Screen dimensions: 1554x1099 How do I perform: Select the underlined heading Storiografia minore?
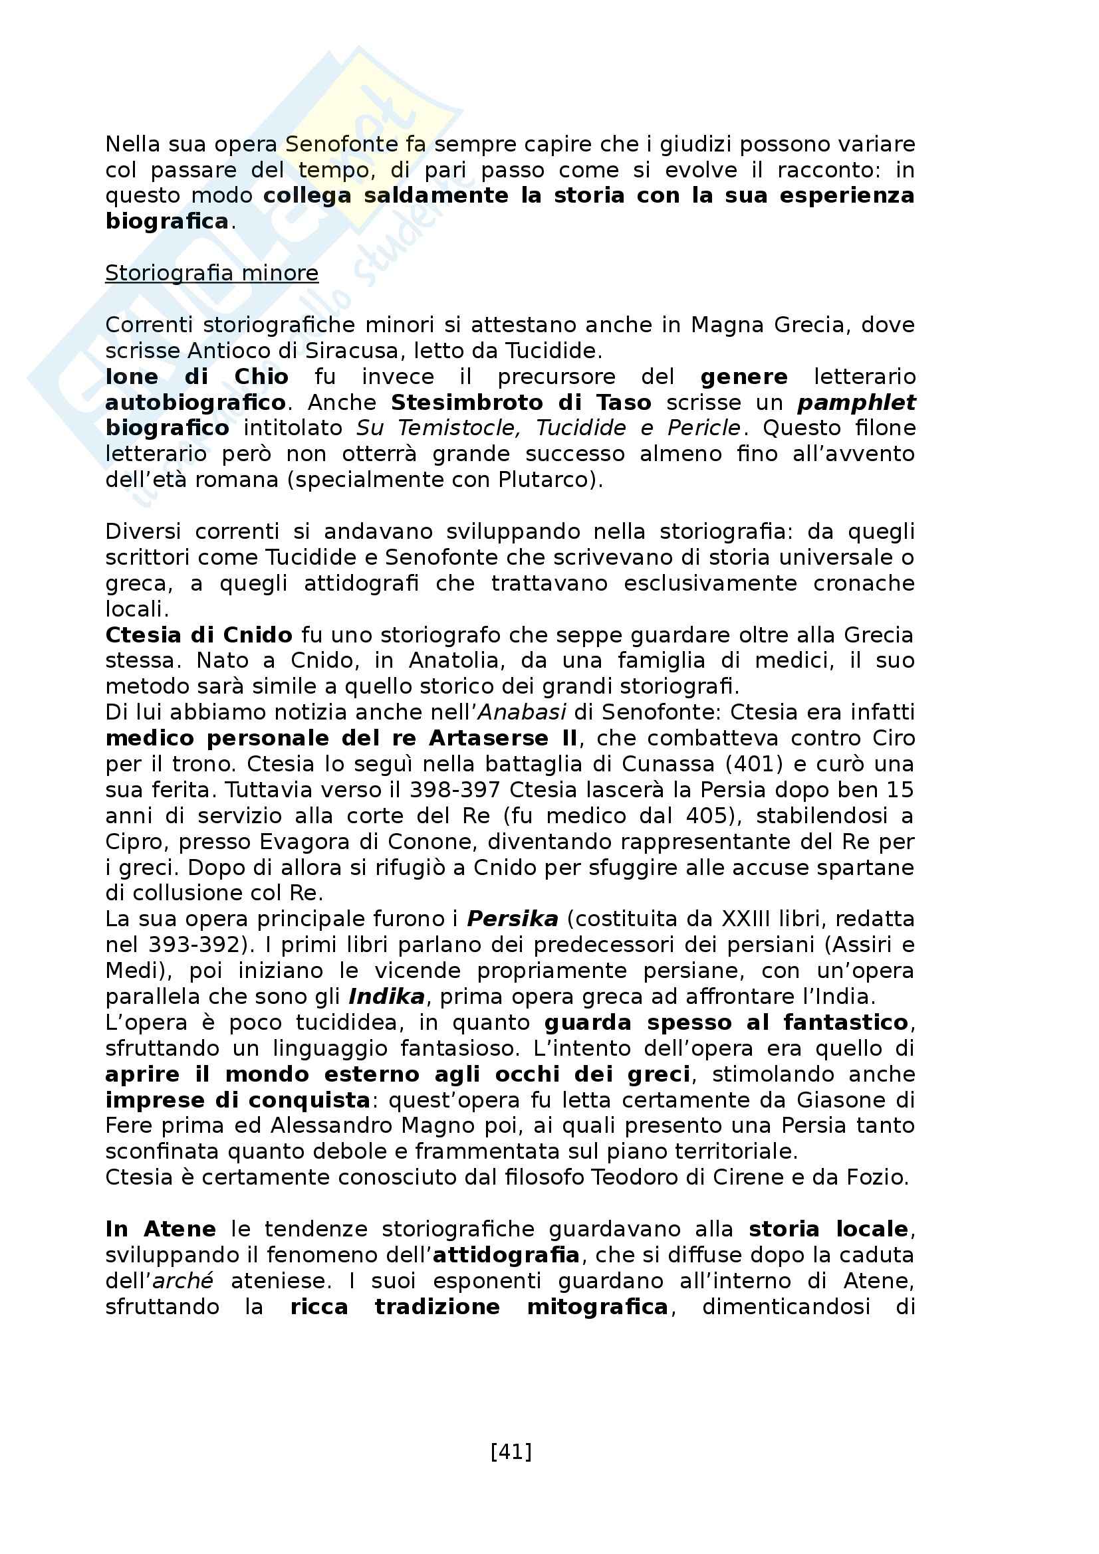[x=211, y=273]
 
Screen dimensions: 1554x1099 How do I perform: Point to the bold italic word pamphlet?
[x=856, y=403]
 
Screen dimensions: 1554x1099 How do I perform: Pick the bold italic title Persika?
[x=513, y=919]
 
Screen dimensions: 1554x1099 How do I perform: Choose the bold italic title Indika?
[x=387, y=997]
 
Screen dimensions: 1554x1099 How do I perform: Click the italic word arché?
[x=183, y=1281]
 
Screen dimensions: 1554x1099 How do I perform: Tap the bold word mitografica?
[x=598, y=1307]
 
